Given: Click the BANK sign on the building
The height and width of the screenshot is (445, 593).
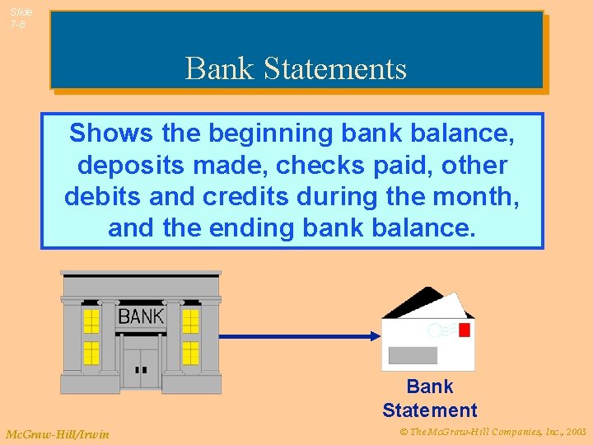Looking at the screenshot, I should click(141, 316).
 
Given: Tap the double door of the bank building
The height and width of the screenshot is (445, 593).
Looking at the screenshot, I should click(140, 367).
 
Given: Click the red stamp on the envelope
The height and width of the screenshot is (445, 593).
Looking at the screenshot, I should click(464, 330).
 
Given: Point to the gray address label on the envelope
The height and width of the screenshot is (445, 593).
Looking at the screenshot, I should click(413, 355).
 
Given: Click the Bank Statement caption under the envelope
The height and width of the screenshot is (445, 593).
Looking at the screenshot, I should click(429, 398).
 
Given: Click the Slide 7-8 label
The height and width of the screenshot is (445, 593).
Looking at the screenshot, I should click(21, 18).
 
